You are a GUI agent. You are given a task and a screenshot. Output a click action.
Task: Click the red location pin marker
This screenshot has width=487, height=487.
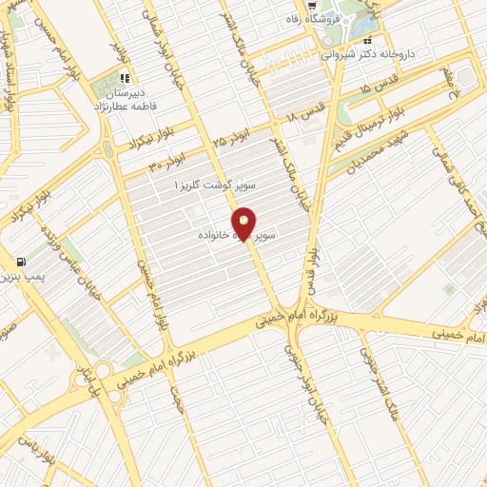(x=243, y=224)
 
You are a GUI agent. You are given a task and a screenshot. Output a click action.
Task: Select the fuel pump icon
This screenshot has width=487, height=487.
(x=20, y=261)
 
